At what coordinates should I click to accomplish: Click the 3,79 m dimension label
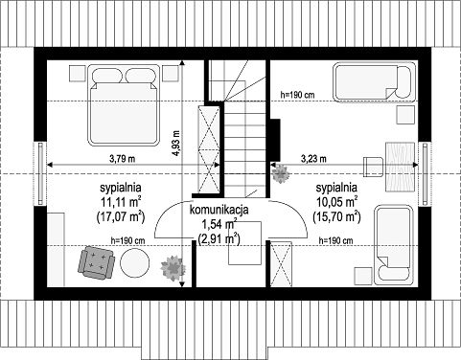pyautogui.click(x=122, y=159)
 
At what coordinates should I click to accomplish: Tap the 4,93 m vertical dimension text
pyautogui.click(x=175, y=143)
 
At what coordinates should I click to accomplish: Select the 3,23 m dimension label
pyautogui.click(x=313, y=158)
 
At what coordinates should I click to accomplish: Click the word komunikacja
pyautogui.click(x=219, y=210)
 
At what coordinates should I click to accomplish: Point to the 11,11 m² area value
pyautogui.click(x=121, y=202)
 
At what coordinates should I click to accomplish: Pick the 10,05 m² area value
pyautogui.click(x=336, y=202)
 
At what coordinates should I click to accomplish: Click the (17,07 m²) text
pyautogui.click(x=121, y=216)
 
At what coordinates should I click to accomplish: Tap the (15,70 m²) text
pyautogui.click(x=336, y=216)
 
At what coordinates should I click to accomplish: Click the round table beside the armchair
pyautogui.click(x=135, y=263)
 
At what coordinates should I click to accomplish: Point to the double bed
pyautogui.click(x=124, y=105)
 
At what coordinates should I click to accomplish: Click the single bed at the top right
pyautogui.click(x=376, y=82)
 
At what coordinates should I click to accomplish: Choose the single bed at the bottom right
pyautogui.click(x=394, y=245)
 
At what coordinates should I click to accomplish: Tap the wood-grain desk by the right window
pyautogui.click(x=400, y=167)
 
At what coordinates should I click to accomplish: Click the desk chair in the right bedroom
pyautogui.click(x=374, y=167)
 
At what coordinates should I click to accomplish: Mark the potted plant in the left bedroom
pyautogui.click(x=173, y=268)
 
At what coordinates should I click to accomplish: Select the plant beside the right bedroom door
pyautogui.click(x=281, y=173)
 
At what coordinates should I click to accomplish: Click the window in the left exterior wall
pyautogui.click(x=40, y=174)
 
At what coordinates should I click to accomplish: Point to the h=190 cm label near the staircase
pyautogui.click(x=297, y=95)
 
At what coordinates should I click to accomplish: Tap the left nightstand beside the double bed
pyautogui.click(x=78, y=73)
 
